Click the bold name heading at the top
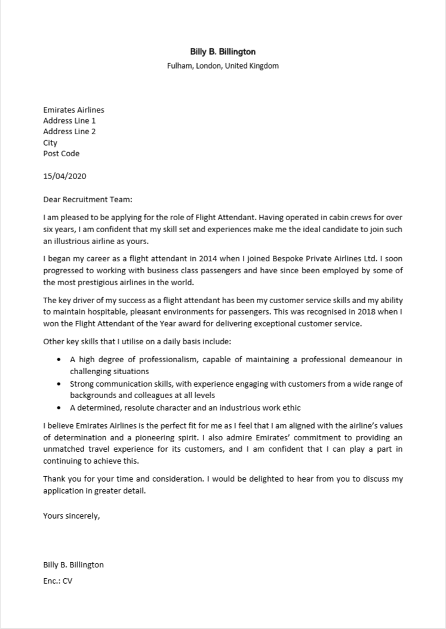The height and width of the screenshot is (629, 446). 223,52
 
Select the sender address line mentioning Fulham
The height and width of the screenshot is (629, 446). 223,66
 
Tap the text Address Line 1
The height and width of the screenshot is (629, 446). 69,121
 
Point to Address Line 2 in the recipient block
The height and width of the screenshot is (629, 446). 69,131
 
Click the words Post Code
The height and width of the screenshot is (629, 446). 61,153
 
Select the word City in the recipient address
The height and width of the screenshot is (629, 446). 50,143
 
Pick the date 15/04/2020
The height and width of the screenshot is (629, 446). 64,176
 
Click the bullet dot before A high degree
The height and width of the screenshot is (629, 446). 58,360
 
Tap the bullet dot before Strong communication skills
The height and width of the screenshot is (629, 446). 58,384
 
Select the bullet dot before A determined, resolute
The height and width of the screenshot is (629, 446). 58,408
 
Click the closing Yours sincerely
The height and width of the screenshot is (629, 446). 71,516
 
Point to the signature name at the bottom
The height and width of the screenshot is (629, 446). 73,565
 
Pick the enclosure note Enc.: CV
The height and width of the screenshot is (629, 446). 57,580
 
